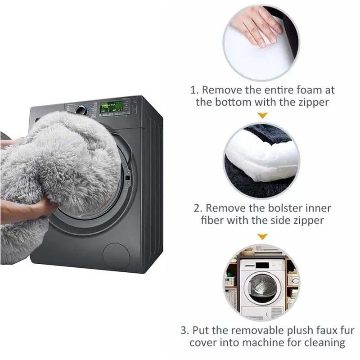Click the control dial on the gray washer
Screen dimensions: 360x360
point(81,109)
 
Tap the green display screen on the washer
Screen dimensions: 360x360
point(111,107)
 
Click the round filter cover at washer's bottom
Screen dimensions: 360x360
point(116,256)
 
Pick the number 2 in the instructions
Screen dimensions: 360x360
point(197,208)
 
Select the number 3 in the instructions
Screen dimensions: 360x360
point(184,330)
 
